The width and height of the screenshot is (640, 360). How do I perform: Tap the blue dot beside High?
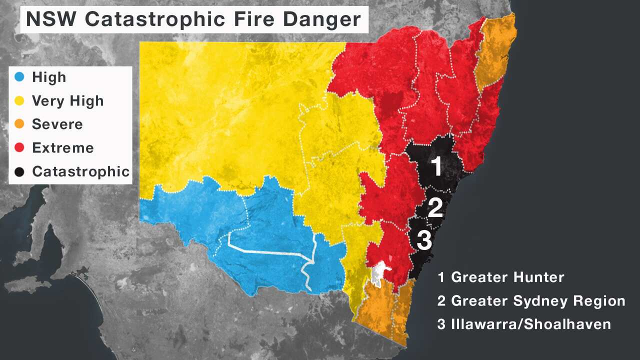[x=19, y=77]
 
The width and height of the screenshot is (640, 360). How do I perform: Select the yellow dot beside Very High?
[x=19, y=101]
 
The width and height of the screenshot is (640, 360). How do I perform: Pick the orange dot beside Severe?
[x=19, y=124]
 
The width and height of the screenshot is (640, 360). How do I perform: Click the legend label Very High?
[x=67, y=101]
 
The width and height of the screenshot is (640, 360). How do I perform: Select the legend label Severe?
[x=57, y=124]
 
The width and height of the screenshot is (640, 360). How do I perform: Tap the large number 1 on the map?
[x=436, y=166]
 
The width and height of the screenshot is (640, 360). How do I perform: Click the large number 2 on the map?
[x=435, y=208]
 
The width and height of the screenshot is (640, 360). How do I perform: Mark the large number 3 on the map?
[x=424, y=240]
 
